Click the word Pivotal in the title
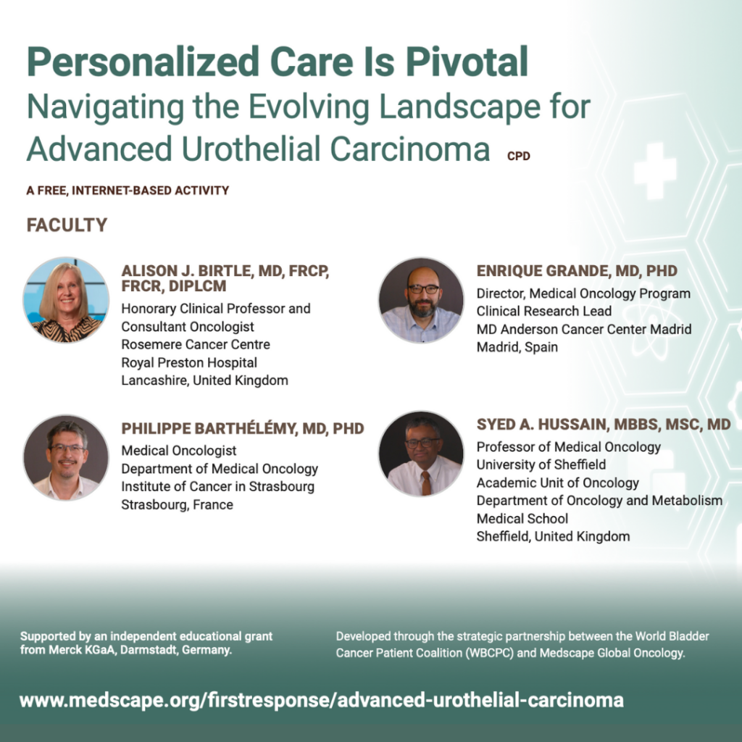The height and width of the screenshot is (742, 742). point(467,62)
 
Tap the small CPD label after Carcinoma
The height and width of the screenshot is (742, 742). point(518,157)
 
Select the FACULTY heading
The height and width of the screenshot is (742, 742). point(67,225)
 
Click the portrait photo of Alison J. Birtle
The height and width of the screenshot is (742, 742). point(66,300)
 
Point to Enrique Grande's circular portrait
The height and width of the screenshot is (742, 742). point(421,300)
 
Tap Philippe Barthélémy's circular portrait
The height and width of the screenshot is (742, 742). point(66,458)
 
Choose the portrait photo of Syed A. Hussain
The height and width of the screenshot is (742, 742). point(421,454)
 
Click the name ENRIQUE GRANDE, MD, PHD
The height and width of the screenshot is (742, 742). point(577,271)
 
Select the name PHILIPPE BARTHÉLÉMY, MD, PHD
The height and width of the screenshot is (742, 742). point(243,428)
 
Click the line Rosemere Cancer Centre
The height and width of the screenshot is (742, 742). point(196,344)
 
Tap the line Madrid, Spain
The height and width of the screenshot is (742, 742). point(517,347)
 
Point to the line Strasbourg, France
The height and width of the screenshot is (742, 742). point(177,505)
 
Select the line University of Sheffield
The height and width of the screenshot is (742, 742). point(541,464)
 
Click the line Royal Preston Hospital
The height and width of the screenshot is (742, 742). point(189,363)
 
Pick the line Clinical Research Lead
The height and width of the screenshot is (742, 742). point(543,312)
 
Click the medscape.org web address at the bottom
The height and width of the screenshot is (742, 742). point(321,700)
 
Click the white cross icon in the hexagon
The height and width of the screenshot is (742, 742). point(655,171)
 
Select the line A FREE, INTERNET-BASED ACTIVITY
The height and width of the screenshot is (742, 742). point(128,191)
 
